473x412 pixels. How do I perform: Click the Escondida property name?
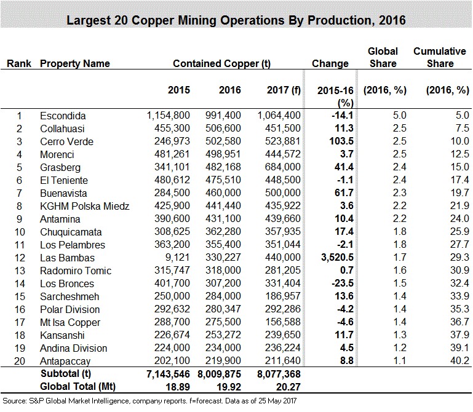coord(62,116)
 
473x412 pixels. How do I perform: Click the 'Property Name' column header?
coord(75,63)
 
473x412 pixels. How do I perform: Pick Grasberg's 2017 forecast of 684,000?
coord(281,167)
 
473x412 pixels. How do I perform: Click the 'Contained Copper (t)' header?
coord(222,63)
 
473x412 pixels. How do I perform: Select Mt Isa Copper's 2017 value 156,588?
coord(281,322)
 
